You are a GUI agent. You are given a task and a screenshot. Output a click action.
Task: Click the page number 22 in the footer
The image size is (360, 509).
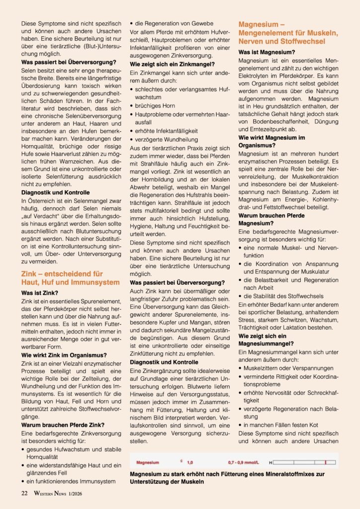[24, 494]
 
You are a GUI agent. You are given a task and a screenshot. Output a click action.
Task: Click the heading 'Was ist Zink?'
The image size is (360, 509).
[40, 293]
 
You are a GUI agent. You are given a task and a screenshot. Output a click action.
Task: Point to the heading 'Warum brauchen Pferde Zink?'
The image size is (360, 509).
[63, 425]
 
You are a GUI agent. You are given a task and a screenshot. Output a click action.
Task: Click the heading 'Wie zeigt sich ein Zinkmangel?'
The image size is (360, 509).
[172, 64]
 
